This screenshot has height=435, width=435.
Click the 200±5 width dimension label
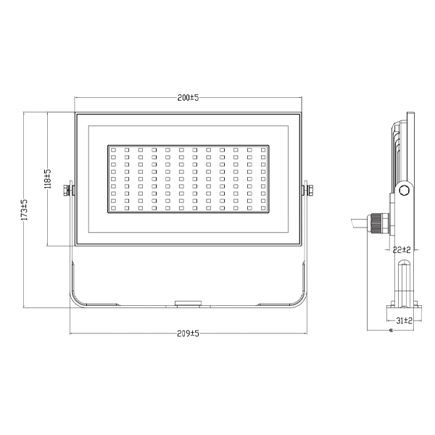coord(188,98)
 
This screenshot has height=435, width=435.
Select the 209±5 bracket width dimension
coord(188,333)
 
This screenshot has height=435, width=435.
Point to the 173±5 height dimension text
coord(25,210)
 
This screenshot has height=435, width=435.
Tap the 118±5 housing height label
coord(48,179)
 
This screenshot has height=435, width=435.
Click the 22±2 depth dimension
coord(402,250)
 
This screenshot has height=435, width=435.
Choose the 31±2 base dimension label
coord(405,320)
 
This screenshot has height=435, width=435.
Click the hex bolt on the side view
coord(405,190)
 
